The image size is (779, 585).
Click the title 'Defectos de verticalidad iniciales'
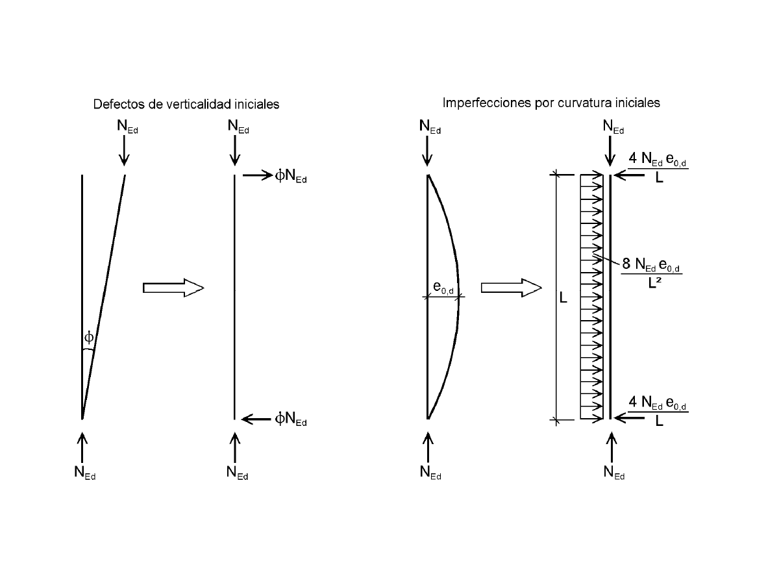(186, 104)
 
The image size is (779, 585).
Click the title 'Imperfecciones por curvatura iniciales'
(551, 103)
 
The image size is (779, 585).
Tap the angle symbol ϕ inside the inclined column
(89, 337)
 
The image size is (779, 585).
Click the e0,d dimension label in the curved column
(445, 286)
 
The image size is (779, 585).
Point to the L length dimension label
(563, 299)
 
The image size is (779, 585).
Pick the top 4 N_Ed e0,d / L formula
(657, 168)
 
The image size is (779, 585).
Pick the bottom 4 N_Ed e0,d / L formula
(657, 411)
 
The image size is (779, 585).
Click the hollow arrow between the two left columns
(173, 287)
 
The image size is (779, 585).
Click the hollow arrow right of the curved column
(511, 287)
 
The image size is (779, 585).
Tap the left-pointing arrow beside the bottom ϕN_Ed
(255, 419)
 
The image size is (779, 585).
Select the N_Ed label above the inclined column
(127, 127)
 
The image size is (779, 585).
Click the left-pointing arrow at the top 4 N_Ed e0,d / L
(628, 175)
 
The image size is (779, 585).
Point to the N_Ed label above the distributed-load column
(613, 127)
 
